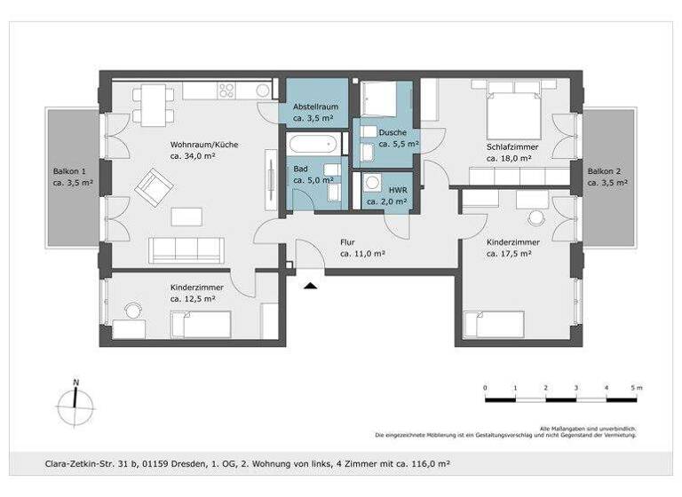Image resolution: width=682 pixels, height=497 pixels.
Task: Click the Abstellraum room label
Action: [x=313, y=106]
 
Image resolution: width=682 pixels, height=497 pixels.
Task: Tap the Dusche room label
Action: [x=392, y=132]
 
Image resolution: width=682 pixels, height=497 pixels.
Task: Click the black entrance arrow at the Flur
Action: [x=310, y=285]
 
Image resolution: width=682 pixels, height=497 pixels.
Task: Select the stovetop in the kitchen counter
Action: [x=226, y=91]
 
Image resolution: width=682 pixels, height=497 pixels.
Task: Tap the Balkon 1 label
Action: [x=69, y=170]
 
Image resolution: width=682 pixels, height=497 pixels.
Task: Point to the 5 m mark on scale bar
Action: [x=637, y=389]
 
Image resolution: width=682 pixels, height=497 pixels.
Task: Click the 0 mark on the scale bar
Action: [x=485, y=389]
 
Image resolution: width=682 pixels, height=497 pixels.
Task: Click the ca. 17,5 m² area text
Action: [x=510, y=253]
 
